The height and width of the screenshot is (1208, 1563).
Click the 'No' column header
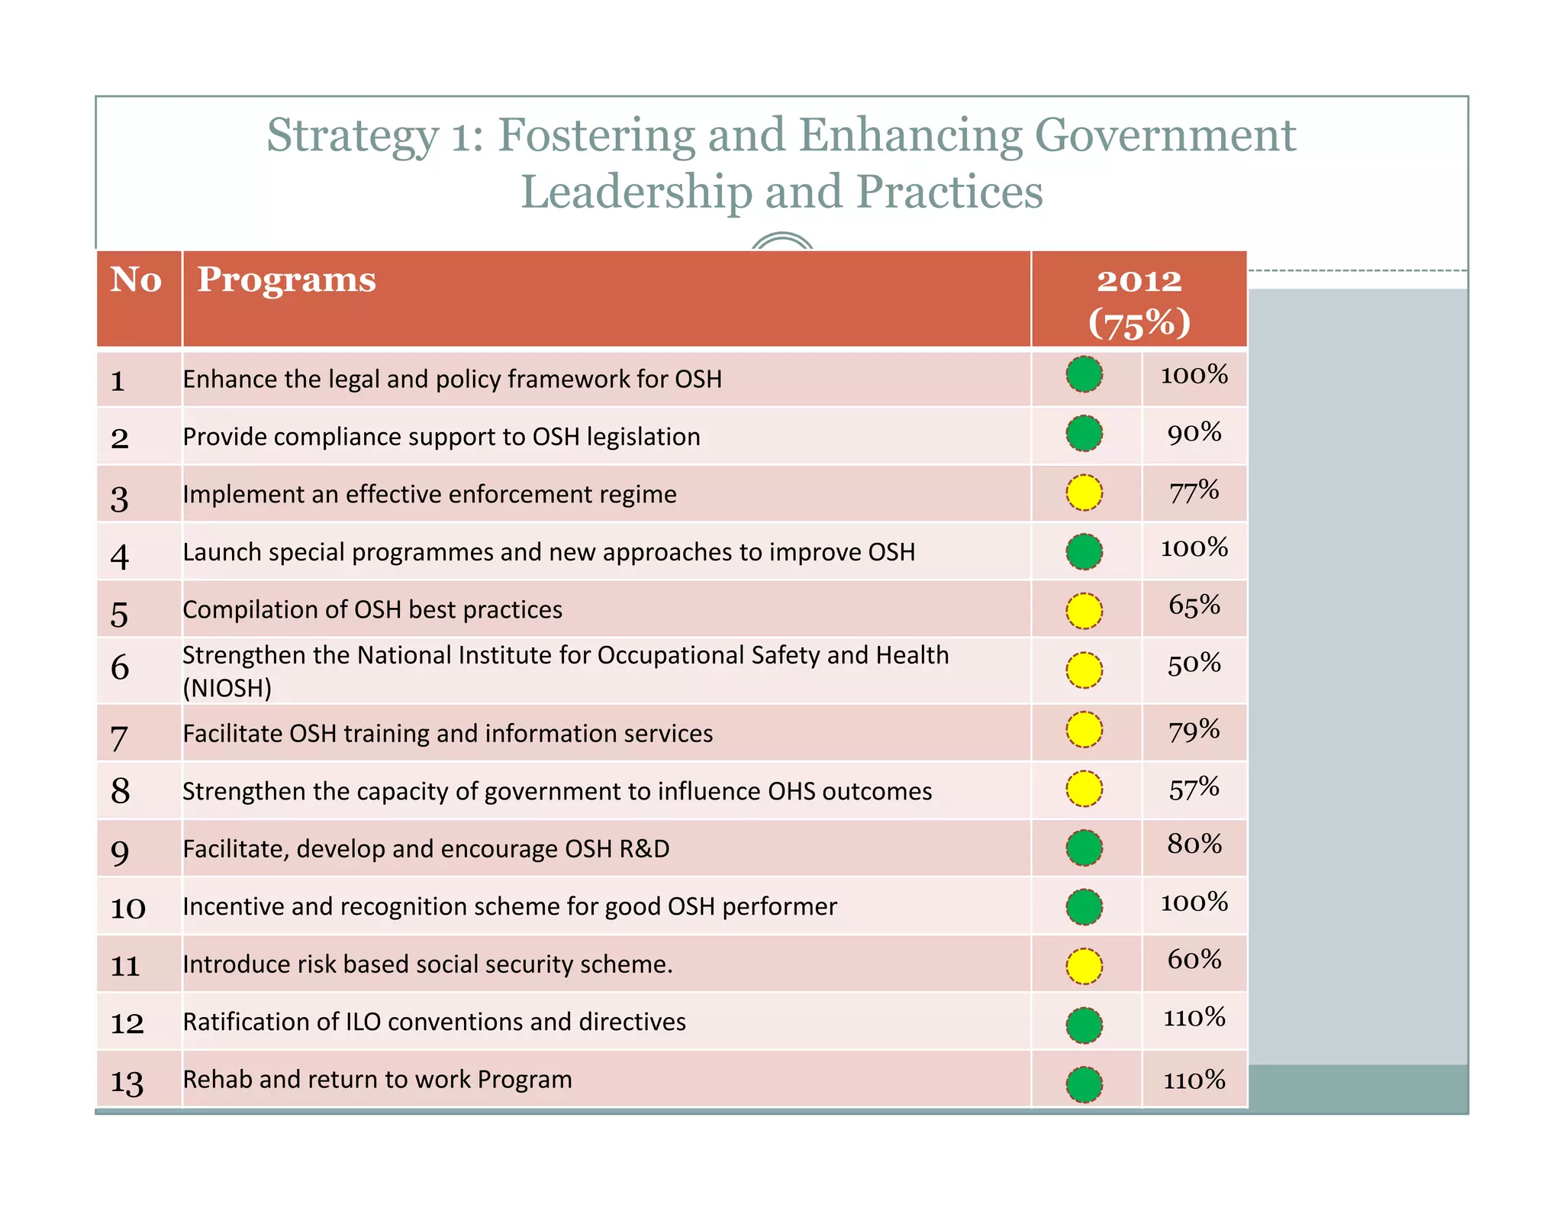(136, 280)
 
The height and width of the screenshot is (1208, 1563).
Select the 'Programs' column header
(286, 280)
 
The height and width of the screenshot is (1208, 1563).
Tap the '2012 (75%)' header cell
(1139, 301)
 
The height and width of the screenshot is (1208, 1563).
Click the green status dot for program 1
(1084, 375)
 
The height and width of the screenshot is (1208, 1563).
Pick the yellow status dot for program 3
(1084, 493)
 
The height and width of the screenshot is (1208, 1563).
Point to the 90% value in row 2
(1194, 434)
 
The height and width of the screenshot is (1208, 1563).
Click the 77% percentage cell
(1194, 492)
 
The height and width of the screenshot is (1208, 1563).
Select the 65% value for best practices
(1194, 606)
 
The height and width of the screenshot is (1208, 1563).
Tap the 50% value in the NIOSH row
(1194, 665)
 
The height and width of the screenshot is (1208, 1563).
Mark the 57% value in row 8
(1194, 789)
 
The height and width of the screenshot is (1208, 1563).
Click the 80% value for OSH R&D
(1194, 845)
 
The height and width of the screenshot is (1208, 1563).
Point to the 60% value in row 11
(1194, 960)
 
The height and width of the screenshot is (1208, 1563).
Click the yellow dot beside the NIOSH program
(1084, 670)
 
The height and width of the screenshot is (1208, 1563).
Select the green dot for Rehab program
(1084, 1084)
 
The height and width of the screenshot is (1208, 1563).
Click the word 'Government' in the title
(1165, 135)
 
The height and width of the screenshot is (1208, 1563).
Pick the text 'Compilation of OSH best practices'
(372, 609)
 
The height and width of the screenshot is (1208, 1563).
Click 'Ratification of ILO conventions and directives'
(434, 1022)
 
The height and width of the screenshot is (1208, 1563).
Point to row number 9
(120, 851)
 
